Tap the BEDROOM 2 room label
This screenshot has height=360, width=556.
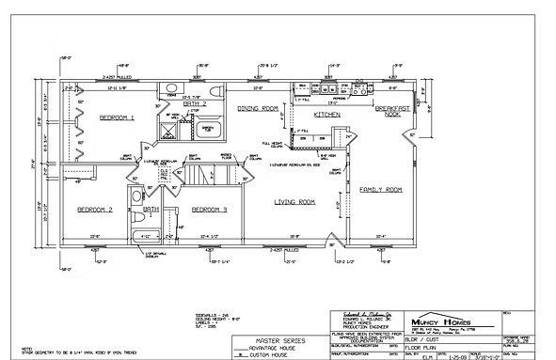[95, 209]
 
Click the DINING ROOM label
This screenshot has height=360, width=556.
[257, 109]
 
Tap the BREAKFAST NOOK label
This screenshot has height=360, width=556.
[392, 111]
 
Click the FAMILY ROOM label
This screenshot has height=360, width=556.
[381, 190]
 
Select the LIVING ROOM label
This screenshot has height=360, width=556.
[294, 202]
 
